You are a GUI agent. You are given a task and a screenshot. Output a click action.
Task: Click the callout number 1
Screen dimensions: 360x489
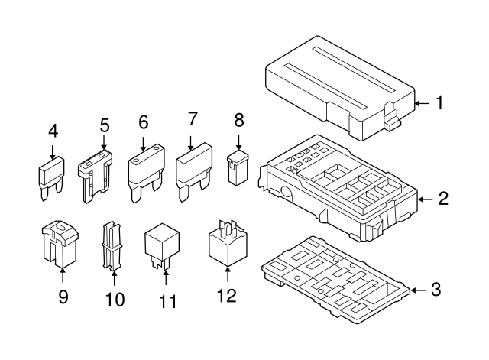439,102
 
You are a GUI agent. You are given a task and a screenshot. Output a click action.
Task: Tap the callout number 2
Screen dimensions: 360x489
442,200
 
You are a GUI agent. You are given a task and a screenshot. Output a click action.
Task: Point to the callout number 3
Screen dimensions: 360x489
436,290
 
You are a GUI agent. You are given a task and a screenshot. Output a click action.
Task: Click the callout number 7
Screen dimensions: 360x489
193,118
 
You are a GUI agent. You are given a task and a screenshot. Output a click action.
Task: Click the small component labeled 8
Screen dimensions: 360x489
238,167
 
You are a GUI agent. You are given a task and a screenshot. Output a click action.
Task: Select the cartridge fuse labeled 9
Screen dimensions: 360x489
59,243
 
